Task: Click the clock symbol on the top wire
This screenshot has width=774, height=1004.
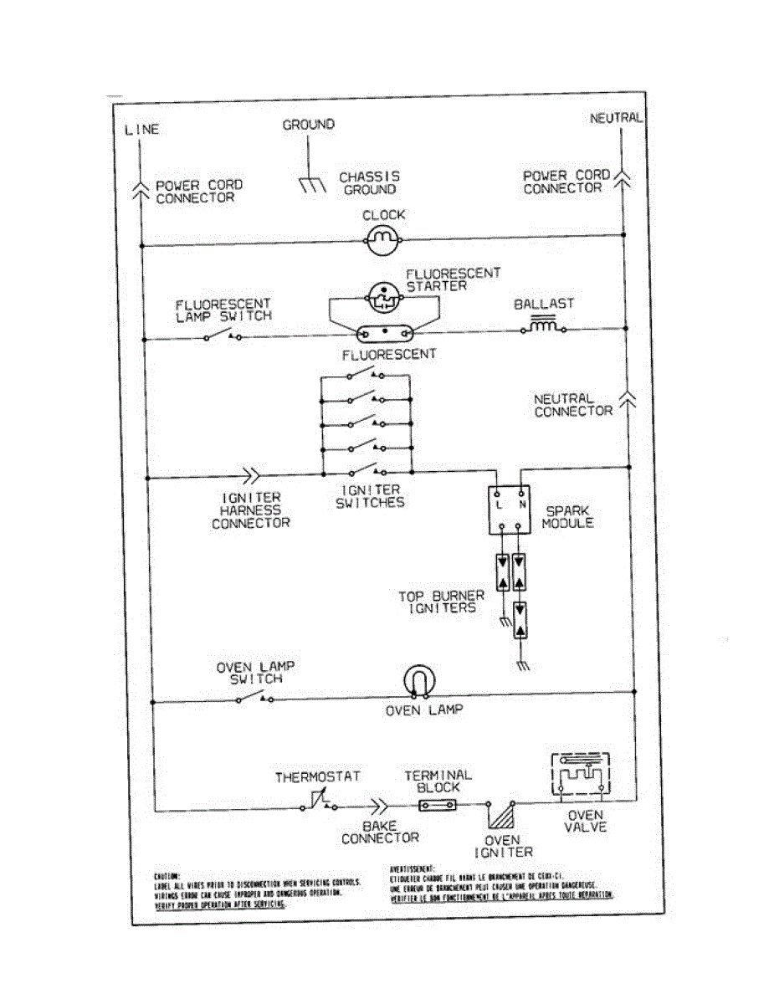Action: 384,243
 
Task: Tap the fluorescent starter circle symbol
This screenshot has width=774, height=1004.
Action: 384,295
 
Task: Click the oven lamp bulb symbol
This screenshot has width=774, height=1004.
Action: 418,682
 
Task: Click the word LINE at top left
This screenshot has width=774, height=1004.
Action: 141,130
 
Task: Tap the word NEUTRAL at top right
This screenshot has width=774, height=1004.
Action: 616,118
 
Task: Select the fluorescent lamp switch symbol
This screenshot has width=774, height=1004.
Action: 223,336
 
